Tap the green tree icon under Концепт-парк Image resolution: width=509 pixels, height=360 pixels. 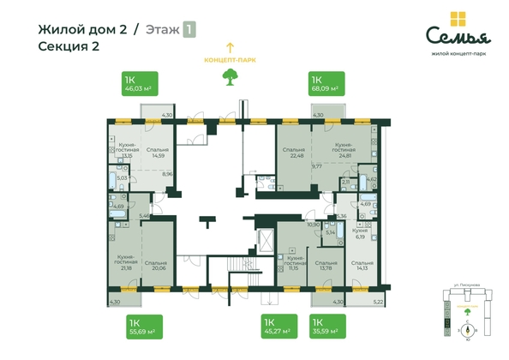[x=229, y=76]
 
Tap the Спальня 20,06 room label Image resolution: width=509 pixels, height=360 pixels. [x=155, y=265]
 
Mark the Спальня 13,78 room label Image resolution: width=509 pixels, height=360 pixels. [x=325, y=266]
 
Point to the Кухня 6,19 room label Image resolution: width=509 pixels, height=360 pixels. [x=360, y=233]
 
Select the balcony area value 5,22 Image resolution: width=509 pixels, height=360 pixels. [x=379, y=302]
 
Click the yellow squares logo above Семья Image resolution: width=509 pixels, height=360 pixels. [x=461, y=20]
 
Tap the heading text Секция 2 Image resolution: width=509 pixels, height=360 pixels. [x=69, y=46]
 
